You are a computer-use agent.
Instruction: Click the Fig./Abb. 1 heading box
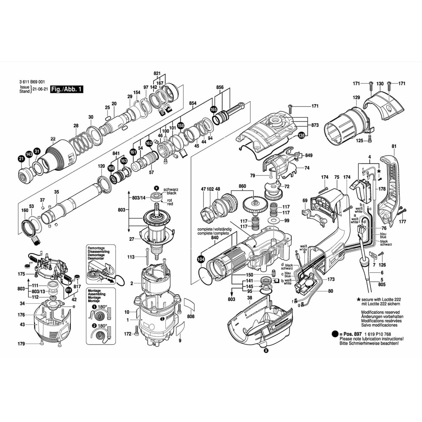click(x=67, y=89)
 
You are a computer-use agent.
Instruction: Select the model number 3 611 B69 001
click(x=32, y=83)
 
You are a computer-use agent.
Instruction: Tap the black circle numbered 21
click(x=21, y=159)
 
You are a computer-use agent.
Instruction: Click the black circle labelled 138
click(x=301, y=135)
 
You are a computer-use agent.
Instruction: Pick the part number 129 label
click(x=356, y=98)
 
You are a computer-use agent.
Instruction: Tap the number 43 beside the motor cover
click(x=22, y=325)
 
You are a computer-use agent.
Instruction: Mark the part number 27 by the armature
click(x=132, y=239)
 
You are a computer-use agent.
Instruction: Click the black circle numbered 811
click(x=68, y=290)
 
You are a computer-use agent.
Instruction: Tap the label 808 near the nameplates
click(x=191, y=316)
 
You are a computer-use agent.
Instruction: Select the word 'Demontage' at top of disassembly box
click(x=96, y=248)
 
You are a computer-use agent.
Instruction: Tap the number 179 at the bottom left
click(x=22, y=344)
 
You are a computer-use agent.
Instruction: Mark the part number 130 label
click(x=380, y=84)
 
